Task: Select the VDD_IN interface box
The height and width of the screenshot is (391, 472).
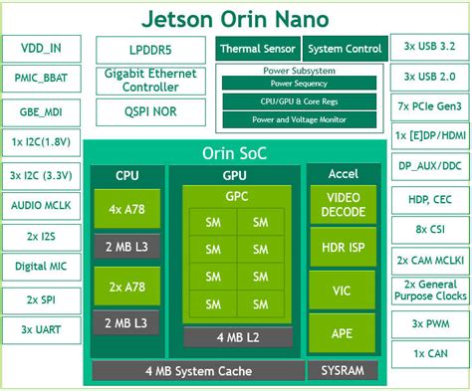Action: (x=41, y=48)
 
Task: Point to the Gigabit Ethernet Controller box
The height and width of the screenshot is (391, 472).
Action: (x=150, y=82)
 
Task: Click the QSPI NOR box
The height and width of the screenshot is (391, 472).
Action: (x=150, y=112)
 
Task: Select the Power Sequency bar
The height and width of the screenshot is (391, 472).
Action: (x=299, y=85)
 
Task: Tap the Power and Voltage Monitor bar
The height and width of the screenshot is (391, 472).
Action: (x=299, y=119)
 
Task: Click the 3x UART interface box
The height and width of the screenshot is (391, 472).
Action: (x=41, y=327)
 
